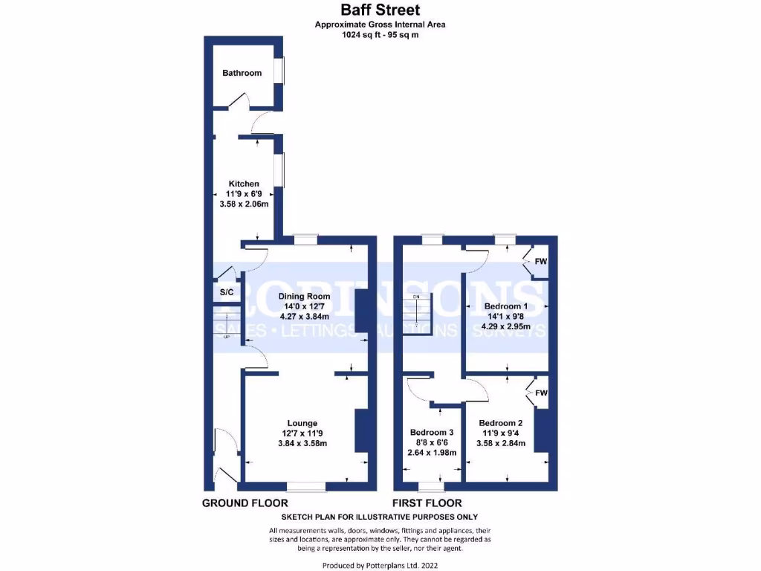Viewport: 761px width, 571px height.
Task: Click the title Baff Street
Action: click(380, 10)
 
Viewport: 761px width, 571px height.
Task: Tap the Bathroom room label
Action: click(242, 73)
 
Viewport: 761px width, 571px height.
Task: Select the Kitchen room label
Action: click(244, 184)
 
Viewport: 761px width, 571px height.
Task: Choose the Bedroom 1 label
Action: click(505, 306)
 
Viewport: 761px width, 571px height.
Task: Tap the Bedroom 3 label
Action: click(432, 433)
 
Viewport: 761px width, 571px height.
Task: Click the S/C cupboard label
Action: click(226, 294)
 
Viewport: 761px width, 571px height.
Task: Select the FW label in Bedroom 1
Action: click(541, 261)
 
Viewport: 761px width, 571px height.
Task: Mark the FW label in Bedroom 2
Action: click(541, 393)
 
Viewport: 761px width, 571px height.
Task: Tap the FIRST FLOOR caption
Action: click(427, 503)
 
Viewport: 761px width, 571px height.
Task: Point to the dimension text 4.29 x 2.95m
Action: click(505, 326)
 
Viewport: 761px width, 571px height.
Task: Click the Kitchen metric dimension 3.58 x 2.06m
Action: click(244, 204)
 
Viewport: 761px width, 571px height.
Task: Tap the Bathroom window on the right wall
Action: click(279, 71)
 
